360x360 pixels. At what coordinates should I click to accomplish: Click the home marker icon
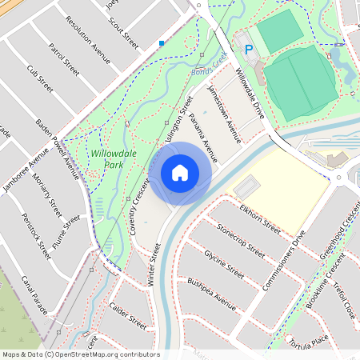(x=180, y=173)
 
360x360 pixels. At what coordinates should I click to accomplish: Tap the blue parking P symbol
(x=248, y=49)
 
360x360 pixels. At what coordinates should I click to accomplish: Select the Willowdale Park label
(x=112, y=158)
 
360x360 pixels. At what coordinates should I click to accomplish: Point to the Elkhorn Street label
(x=259, y=218)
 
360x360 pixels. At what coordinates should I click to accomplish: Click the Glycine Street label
(x=224, y=263)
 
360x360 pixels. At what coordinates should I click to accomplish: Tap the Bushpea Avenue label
(x=211, y=294)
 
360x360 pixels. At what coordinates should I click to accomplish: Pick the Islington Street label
(x=178, y=121)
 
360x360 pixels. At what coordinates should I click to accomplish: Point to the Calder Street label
(x=128, y=315)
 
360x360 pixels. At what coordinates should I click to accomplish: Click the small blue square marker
(x=162, y=43)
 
